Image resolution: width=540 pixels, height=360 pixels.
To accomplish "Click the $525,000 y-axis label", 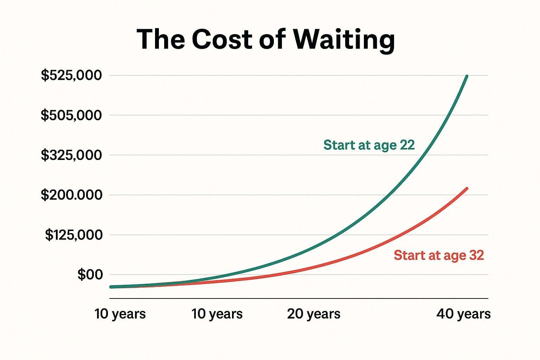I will click(x=71, y=75).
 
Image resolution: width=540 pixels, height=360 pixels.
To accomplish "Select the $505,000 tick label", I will click(x=71, y=115).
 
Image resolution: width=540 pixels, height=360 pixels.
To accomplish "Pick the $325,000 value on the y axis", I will click(x=71, y=155).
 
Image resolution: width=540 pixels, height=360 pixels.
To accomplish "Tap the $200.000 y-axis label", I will click(x=71, y=195).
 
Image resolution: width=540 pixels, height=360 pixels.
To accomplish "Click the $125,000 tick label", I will click(x=73, y=235).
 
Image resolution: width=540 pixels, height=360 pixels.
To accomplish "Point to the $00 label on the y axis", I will click(x=90, y=275).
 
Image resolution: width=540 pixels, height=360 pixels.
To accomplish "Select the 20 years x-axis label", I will click(x=314, y=314).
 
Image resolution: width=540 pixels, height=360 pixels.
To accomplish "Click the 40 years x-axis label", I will click(x=463, y=314).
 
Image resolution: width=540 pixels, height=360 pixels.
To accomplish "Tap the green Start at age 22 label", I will click(x=369, y=145).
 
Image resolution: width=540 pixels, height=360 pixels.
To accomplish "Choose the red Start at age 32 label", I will click(x=439, y=255).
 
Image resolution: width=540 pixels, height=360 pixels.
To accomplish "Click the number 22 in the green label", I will click(x=407, y=145).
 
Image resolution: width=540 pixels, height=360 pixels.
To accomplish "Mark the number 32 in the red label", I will click(x=476, y=255).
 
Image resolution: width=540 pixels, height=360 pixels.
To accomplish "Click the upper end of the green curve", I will click(x=467, y=76).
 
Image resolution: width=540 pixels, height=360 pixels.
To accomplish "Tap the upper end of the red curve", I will click(x=467, y=188).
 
